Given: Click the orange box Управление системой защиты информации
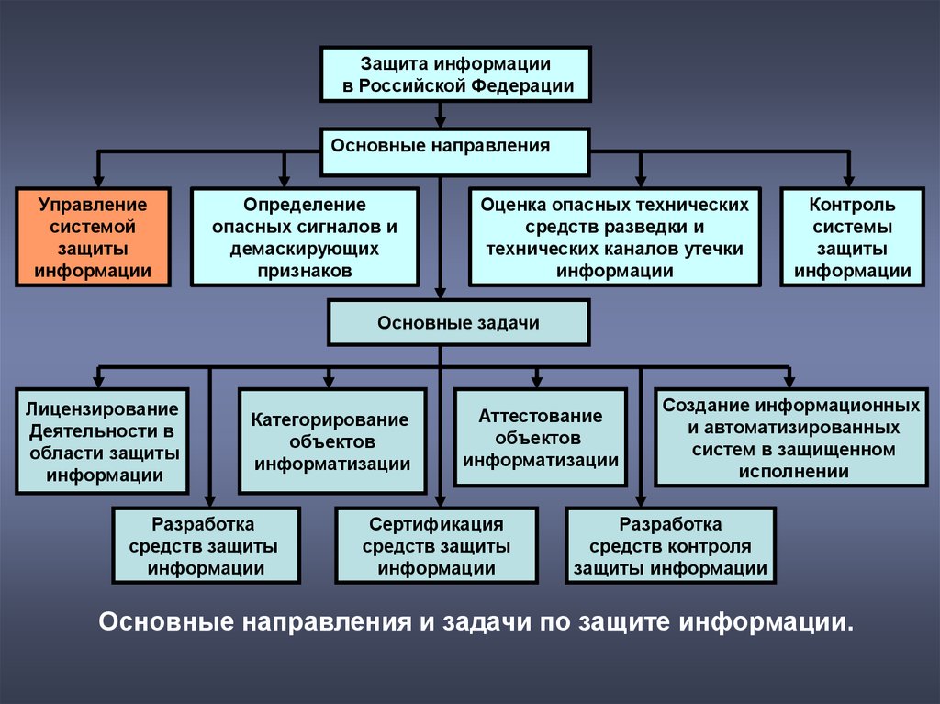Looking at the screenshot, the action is [93, 237].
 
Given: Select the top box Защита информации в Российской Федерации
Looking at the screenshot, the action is [455, 74].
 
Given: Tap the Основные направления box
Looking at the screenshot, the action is [455, 151].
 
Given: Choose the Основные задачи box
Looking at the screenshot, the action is [459, 322].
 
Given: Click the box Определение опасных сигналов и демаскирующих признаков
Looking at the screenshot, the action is [305, 237].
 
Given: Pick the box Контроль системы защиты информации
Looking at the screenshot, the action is [853, 237].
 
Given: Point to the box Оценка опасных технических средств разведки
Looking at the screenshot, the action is [614, 237].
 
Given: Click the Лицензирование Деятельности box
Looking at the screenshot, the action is [103, 441].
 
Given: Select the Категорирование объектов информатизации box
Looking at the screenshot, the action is [332, 441].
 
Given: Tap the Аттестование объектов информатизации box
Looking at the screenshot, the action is [540, 437].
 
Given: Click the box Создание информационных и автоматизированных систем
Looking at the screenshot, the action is [790, 437].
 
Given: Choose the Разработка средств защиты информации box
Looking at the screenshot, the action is [206, 546].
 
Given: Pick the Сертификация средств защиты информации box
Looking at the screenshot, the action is [436, 546].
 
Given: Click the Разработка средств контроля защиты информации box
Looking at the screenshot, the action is [670, 546].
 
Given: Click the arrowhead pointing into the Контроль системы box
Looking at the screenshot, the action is [848, 181].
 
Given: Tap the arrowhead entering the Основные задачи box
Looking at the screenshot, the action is [440, 293].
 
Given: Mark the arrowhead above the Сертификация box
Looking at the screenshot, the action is [440, 501].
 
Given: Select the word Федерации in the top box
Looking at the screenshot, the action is [522, 85].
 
